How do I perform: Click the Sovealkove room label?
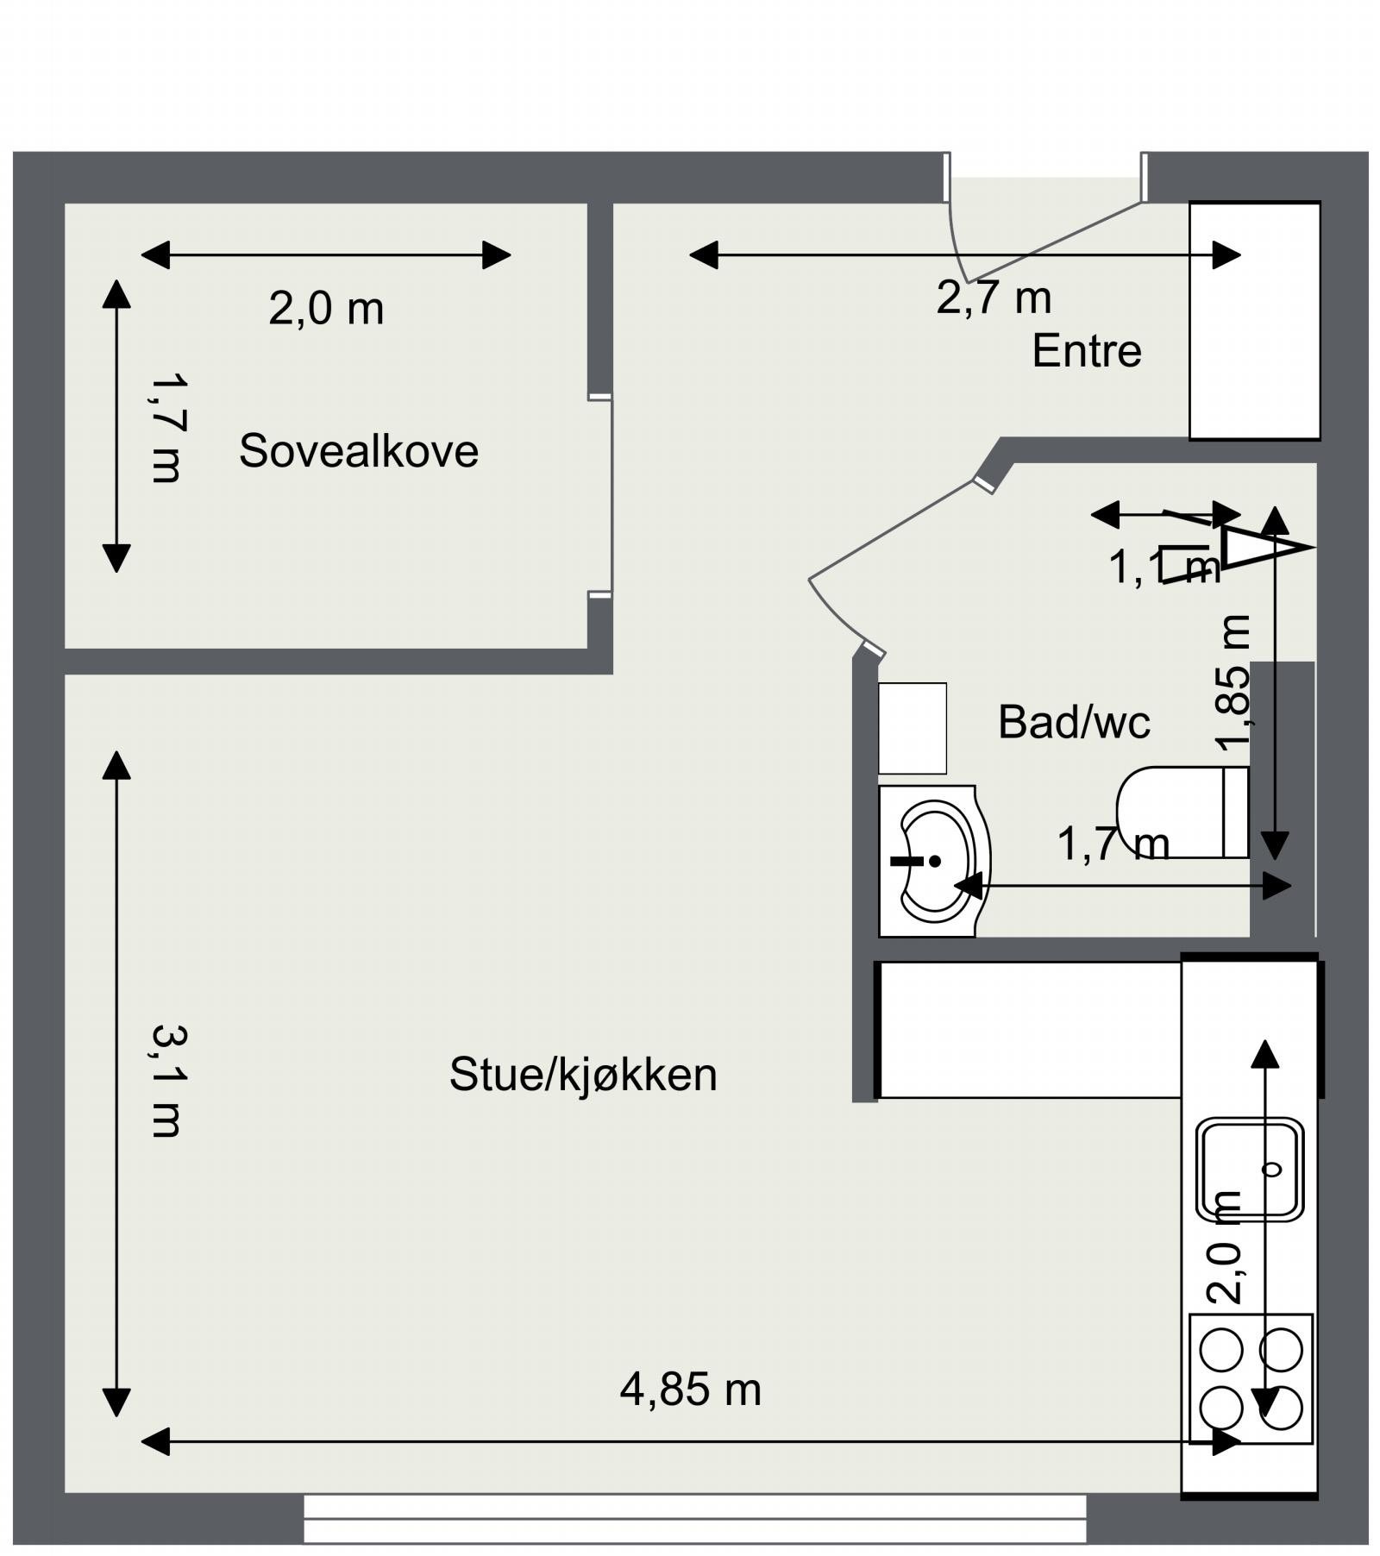358,450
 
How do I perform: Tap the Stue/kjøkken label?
582,1075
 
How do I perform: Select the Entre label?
1086,350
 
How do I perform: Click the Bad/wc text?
1073,722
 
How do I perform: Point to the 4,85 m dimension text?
690,1390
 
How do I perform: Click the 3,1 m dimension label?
166,1081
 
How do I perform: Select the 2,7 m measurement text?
994,298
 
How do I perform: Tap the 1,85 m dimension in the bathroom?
1232,681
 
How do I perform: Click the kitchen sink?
1249,1169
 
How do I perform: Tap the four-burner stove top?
1250,1378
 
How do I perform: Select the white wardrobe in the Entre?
1253,321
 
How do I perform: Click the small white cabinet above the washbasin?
912,728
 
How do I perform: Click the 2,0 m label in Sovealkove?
326,309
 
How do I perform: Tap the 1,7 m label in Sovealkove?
166,428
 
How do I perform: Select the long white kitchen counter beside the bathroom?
1026,1030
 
